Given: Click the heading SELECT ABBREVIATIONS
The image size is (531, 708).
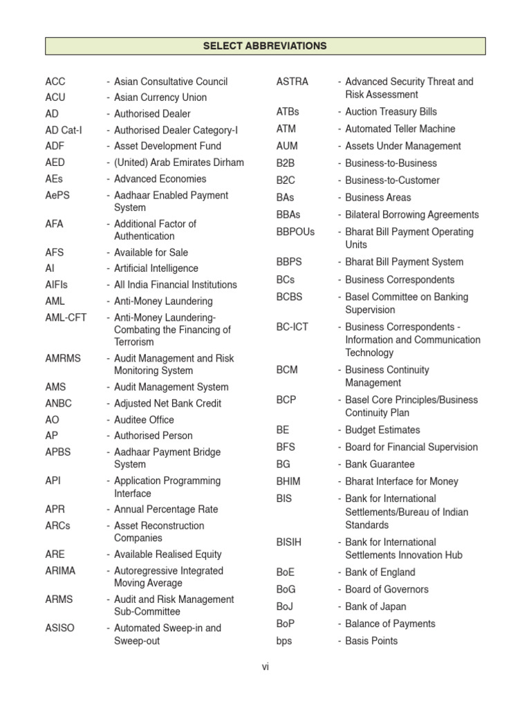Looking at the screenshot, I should pyautogui.click(x=265, y=46).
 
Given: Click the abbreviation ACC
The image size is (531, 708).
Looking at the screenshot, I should pyautogui.click(x=55, y=82).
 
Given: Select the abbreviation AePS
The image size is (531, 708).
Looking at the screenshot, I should pyautogui.click(x=57, y=196).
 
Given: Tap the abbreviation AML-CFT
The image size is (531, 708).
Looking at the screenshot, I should pyautogui.click(x=66, y=317).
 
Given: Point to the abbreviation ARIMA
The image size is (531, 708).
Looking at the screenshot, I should pyautogui.click(x=61, y=571).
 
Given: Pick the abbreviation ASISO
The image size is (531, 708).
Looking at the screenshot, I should pyautogui.click(x=60, y=628).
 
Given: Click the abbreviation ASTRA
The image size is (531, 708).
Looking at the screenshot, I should pyautogui.click(x=292, y=82).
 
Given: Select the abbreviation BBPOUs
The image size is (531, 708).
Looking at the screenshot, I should pyautogui.click(x=295, y=232).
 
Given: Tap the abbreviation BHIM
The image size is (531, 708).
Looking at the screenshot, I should pyautogui.click(x=288, y=481).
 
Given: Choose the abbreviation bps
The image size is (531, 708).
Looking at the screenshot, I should pyautogui.click(x=284, y=641).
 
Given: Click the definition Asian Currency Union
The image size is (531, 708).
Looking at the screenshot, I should pyautogui.click(x=160, y=97).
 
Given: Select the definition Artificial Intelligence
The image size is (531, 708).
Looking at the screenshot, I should pyautogui.click(x=156, y=268).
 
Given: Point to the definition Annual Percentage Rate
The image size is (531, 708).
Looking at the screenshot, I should pyautogui.click(x=166, y=510).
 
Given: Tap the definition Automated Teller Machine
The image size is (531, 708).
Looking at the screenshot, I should pyautogui.click(x=400, y=129).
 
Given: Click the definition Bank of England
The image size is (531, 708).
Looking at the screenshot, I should pyautogui.click(x=380, y=572).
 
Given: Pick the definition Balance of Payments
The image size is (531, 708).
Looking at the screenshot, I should pyautogui.click(x=391, y=624).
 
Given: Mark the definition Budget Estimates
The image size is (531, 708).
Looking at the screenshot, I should pyautogui.click(x=382, y=430).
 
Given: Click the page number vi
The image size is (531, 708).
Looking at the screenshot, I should pyautogui.click(x=265, y=667).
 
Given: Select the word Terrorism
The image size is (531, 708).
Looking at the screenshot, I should pyautogui.click(x=134, y=342).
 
